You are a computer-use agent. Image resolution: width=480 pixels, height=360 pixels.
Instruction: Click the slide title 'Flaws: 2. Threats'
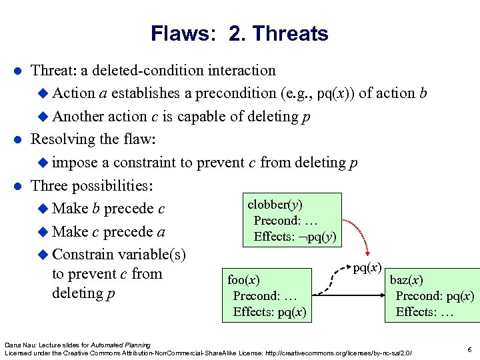tap(239, 33)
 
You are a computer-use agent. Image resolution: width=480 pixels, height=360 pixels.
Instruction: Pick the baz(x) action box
tap(432, 295)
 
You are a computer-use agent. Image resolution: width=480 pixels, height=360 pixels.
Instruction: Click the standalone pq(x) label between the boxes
tap(367, 268)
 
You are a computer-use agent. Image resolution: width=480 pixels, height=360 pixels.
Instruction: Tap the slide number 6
tap(469, 349)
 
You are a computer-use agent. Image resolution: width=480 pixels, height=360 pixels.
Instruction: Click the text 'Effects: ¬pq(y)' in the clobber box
tap(295, 237)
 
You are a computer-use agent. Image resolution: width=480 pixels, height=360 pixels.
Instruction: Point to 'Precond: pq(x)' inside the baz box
tap(435, 295)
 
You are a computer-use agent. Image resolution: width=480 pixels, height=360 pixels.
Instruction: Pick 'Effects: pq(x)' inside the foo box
tap(269, 311)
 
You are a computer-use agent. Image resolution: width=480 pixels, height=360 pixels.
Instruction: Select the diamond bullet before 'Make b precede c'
tap(43, 209)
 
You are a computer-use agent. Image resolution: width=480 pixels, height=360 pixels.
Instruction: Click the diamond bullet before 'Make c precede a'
tap(43, 232)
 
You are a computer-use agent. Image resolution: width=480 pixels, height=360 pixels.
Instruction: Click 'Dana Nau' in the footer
tap(18, 345)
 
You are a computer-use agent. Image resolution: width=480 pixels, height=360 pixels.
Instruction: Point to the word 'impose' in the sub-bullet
tap(73, 162)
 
